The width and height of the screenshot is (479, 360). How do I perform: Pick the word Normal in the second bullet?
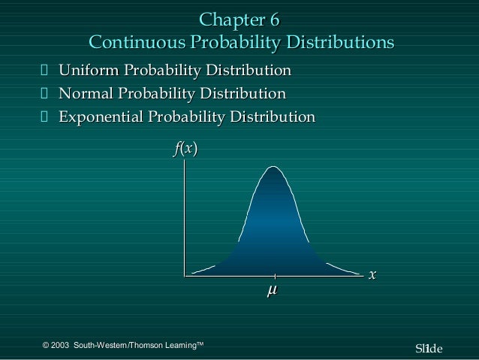88,94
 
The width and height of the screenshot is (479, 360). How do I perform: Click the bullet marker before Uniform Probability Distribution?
44,72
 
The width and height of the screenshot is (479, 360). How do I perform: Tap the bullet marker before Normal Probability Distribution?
44,95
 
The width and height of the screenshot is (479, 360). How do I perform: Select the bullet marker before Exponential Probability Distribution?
44,117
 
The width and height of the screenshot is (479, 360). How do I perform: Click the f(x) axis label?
185,150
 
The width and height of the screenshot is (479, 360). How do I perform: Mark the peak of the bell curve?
273,166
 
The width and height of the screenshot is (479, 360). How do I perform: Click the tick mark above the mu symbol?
274,276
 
